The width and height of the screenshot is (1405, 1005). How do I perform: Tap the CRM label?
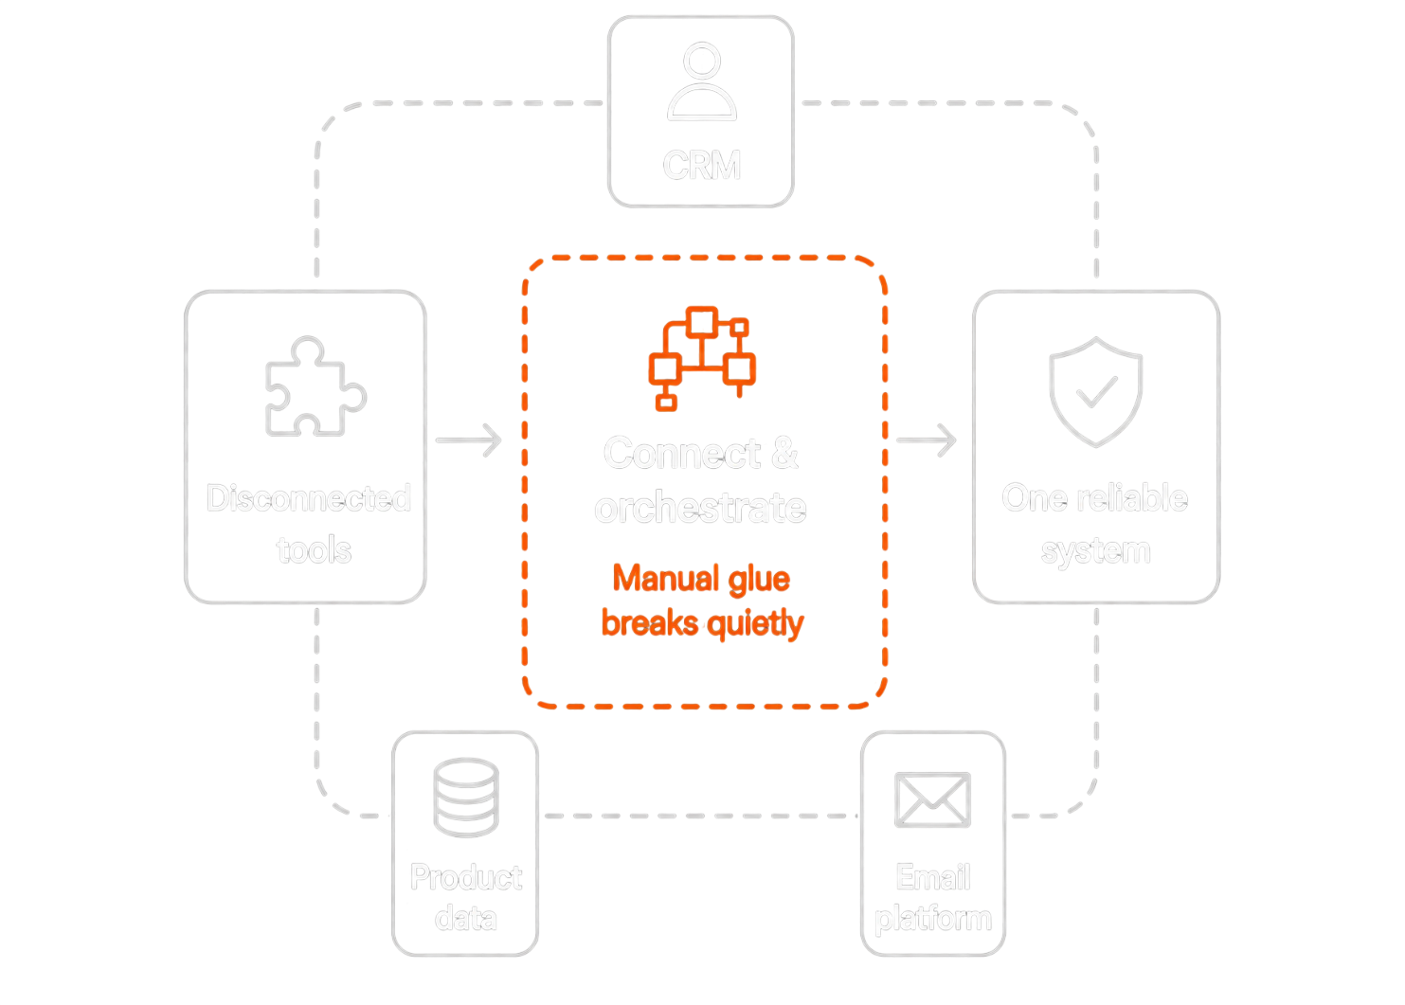702,165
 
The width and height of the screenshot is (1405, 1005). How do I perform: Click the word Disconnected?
309,498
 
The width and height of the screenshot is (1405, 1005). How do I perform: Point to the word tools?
314,549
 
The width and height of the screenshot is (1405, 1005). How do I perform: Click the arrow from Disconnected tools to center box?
469,440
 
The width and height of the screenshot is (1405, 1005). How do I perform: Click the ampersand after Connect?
784,453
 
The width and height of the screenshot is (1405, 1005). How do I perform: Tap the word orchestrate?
701,507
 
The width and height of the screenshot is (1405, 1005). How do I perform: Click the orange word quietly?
756,624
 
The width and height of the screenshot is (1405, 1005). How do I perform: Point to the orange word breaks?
650,622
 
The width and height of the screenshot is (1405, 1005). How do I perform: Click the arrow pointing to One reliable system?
927,440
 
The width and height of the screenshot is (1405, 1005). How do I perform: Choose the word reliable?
1132,498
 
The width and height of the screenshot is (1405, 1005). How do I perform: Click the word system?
1096,551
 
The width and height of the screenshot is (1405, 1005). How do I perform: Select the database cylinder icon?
466,798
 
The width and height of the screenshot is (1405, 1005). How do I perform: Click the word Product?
466,877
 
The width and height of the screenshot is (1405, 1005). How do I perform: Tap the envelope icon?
932,800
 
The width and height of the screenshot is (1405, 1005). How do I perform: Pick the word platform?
933,920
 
